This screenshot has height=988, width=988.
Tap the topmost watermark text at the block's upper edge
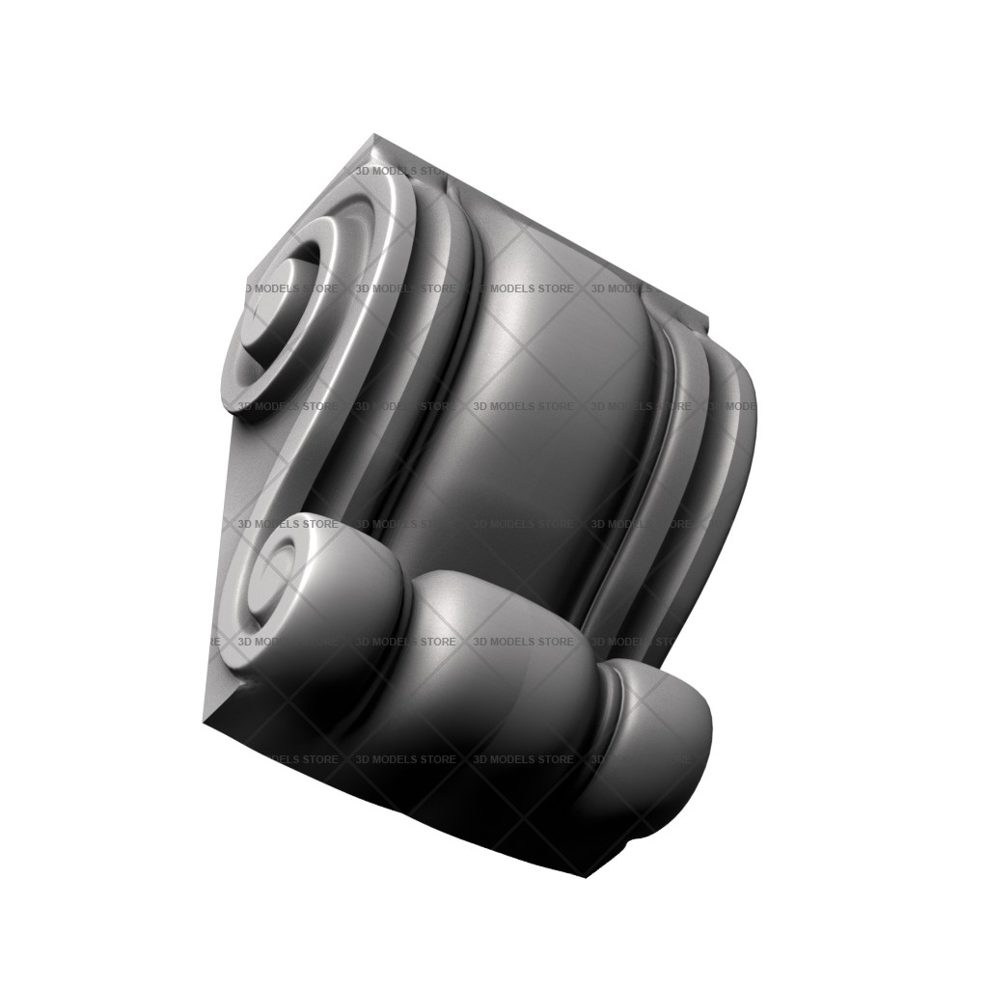[x=400, y=171]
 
